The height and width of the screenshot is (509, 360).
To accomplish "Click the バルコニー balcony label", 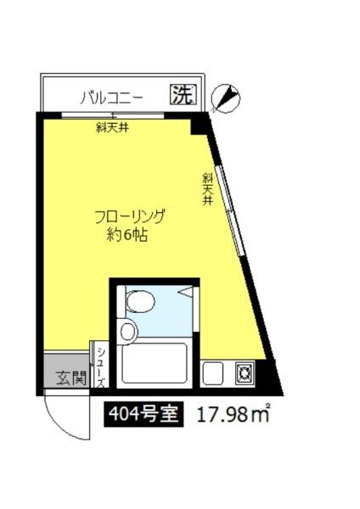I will click(111, 97).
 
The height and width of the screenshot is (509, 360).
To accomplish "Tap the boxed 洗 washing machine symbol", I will click(181, 95).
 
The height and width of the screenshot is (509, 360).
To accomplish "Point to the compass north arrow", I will click(223, 100).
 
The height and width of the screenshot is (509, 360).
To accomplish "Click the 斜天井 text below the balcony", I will click(111, 129).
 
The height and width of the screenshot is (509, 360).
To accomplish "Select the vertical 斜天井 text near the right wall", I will click(206, 191).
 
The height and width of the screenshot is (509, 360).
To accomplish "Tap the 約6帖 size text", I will click(128, 236).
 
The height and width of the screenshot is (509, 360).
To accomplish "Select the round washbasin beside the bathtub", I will click(128, 331).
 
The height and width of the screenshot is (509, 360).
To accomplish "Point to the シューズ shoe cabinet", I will click(99, 366).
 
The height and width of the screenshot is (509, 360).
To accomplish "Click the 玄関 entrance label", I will click(70, 378).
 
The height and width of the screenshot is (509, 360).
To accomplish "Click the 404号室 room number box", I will click(142, 415).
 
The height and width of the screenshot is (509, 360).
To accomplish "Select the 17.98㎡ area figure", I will click(233, 415).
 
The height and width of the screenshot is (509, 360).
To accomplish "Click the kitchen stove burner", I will click(244, 372).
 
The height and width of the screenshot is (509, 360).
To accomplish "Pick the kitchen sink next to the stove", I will click(212, 372).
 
